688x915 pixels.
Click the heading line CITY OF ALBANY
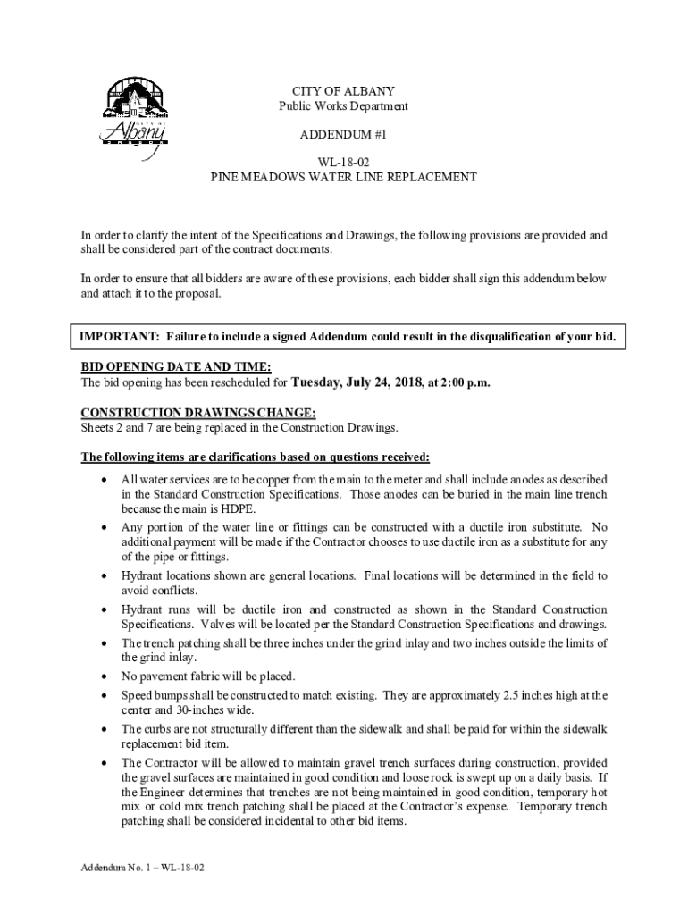pos(343,91)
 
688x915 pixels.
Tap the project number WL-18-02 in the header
pos(343,163)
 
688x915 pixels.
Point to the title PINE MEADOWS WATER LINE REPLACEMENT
pos(343,177)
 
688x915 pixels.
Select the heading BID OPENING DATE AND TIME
pos(176,367)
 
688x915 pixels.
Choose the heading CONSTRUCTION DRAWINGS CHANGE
pos(197,413)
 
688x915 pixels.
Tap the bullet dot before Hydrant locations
pos(107,576)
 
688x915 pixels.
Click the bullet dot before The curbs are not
pos(107,729)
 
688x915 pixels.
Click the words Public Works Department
pos(343,105)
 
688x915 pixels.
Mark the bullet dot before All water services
pos(107,480)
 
